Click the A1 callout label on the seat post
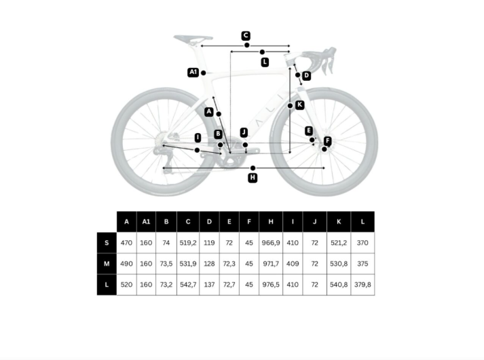(193, 72)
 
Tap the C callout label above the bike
(246, 35)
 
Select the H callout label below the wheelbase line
(253, 177)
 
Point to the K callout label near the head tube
(299, 105)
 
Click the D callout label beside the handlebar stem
(306, 75)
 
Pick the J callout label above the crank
(244, 132)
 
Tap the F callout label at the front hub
(327, 141)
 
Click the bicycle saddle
(193, 39)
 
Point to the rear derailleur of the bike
(161, 154)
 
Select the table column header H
(271, 221)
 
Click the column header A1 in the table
(146, 221)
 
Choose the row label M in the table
(107, 264)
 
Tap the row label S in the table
(107, 242)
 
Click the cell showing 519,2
(188, 242)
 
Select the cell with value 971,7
(271, 264)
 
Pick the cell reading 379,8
(362, 285)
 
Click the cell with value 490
(126, 264)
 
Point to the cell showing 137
(209, 285)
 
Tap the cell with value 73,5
(166, 264)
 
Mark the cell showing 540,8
(339, 285)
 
